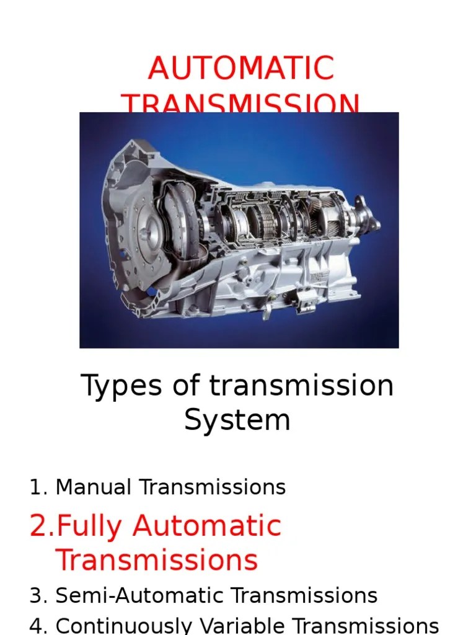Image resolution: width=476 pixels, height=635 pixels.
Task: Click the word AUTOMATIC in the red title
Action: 241,68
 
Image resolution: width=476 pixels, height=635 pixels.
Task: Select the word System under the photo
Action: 237,420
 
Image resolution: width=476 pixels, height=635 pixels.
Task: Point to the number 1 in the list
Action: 37,487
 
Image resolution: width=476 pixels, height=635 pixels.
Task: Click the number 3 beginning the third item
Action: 37,596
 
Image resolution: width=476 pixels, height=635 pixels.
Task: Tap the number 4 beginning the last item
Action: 37,626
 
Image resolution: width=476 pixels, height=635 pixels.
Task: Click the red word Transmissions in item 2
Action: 156,560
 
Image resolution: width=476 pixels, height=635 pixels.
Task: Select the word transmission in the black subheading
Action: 301,386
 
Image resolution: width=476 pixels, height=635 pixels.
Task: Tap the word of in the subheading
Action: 187,386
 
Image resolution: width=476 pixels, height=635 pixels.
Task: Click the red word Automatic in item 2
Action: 207,526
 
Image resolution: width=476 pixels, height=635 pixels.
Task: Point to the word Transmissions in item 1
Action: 213,487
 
